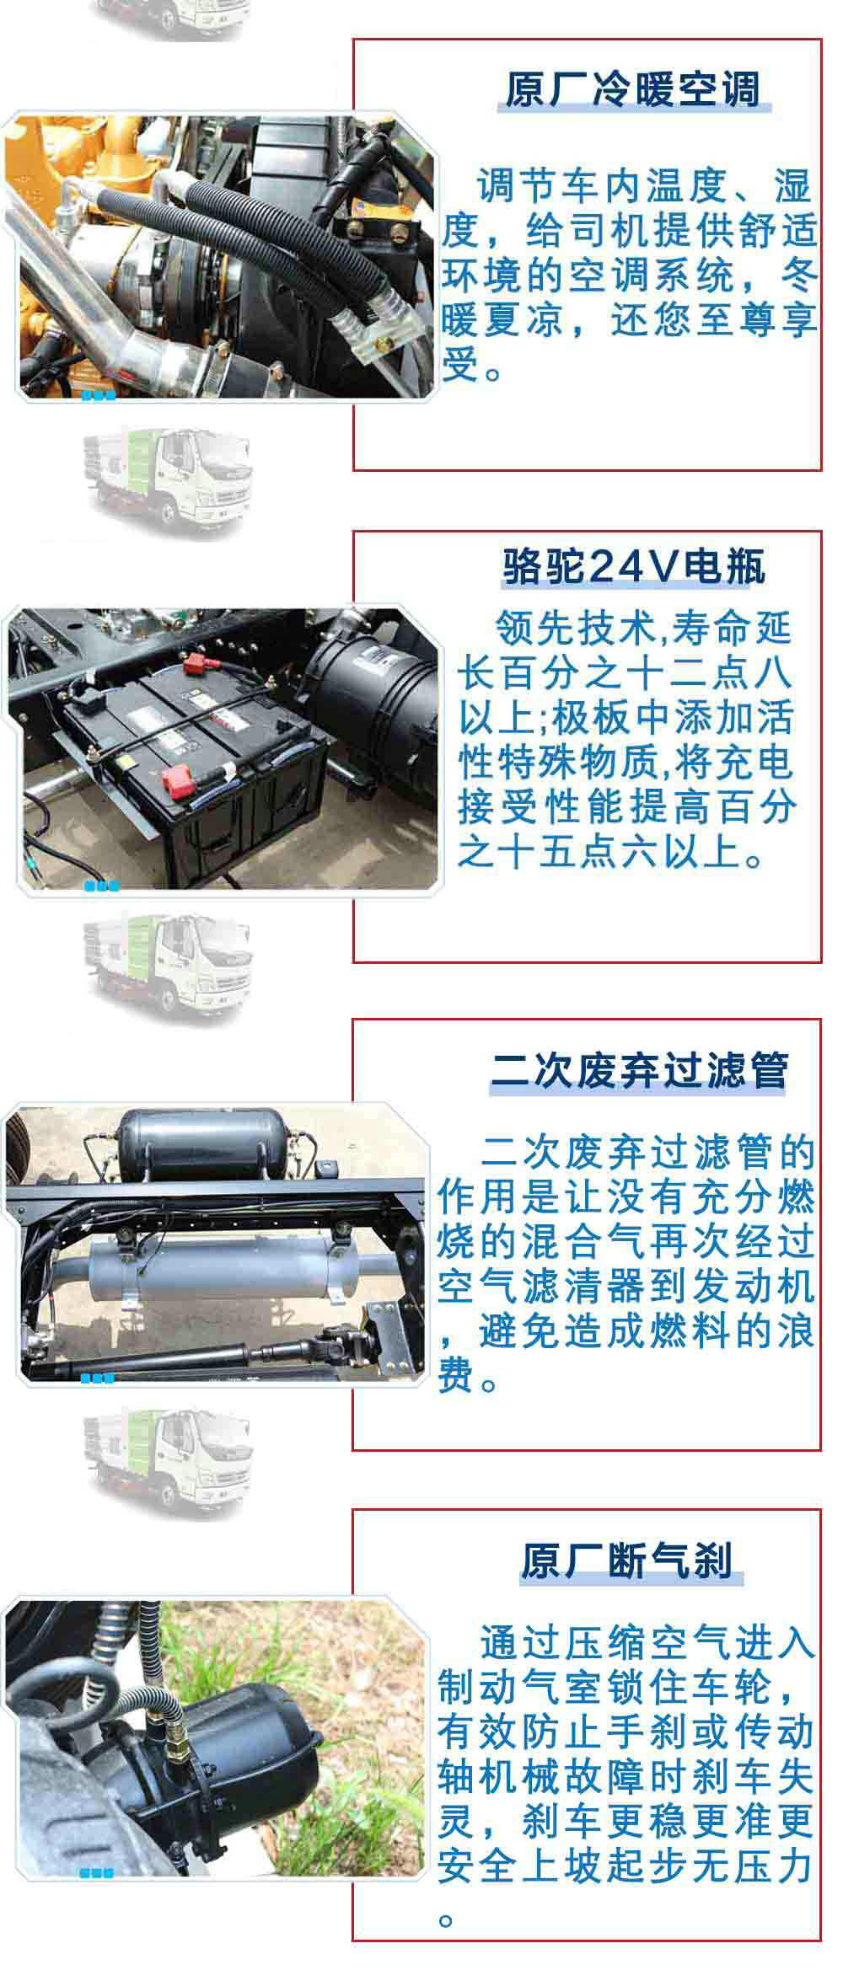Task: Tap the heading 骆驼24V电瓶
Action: pos(634,567)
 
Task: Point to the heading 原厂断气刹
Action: pos(627,1560)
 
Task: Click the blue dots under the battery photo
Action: pos(101,886)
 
